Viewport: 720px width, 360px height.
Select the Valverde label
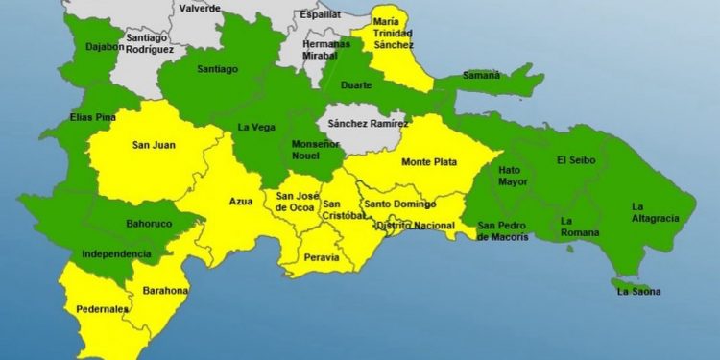(x=199, y=8)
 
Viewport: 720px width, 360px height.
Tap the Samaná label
(x=481, y=75)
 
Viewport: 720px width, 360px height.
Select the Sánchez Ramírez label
(x=368, y=123)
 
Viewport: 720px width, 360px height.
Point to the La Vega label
(x=255, y=128)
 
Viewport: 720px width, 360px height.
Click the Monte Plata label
(x=427, y=161)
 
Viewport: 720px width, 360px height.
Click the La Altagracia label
(x=655, y=212)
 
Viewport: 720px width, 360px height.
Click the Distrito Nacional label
(x=415, y=225)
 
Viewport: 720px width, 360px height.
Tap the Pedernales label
(x=101, y=309)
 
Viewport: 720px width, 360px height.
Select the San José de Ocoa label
(x=296, y=203)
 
